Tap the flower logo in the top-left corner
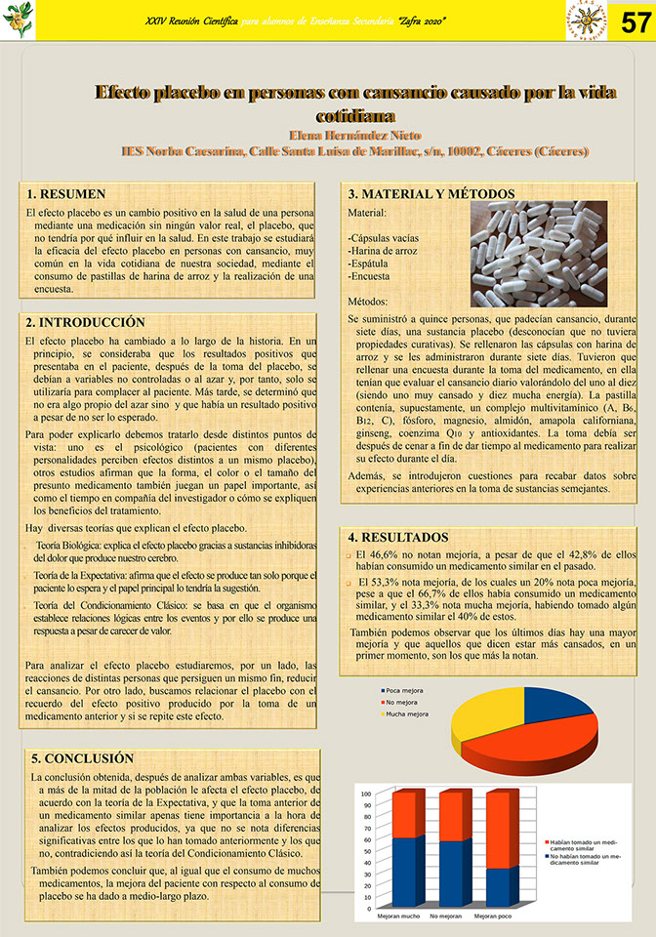tap(19, 20)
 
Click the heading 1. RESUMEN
tap(66, 194)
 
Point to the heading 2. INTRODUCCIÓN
tap(86, 322)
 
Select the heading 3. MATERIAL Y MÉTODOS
tap(432, 194)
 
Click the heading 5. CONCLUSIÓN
tap(82, 757)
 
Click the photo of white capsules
tap(551, 254)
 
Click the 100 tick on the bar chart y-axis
tap(367, 793)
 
